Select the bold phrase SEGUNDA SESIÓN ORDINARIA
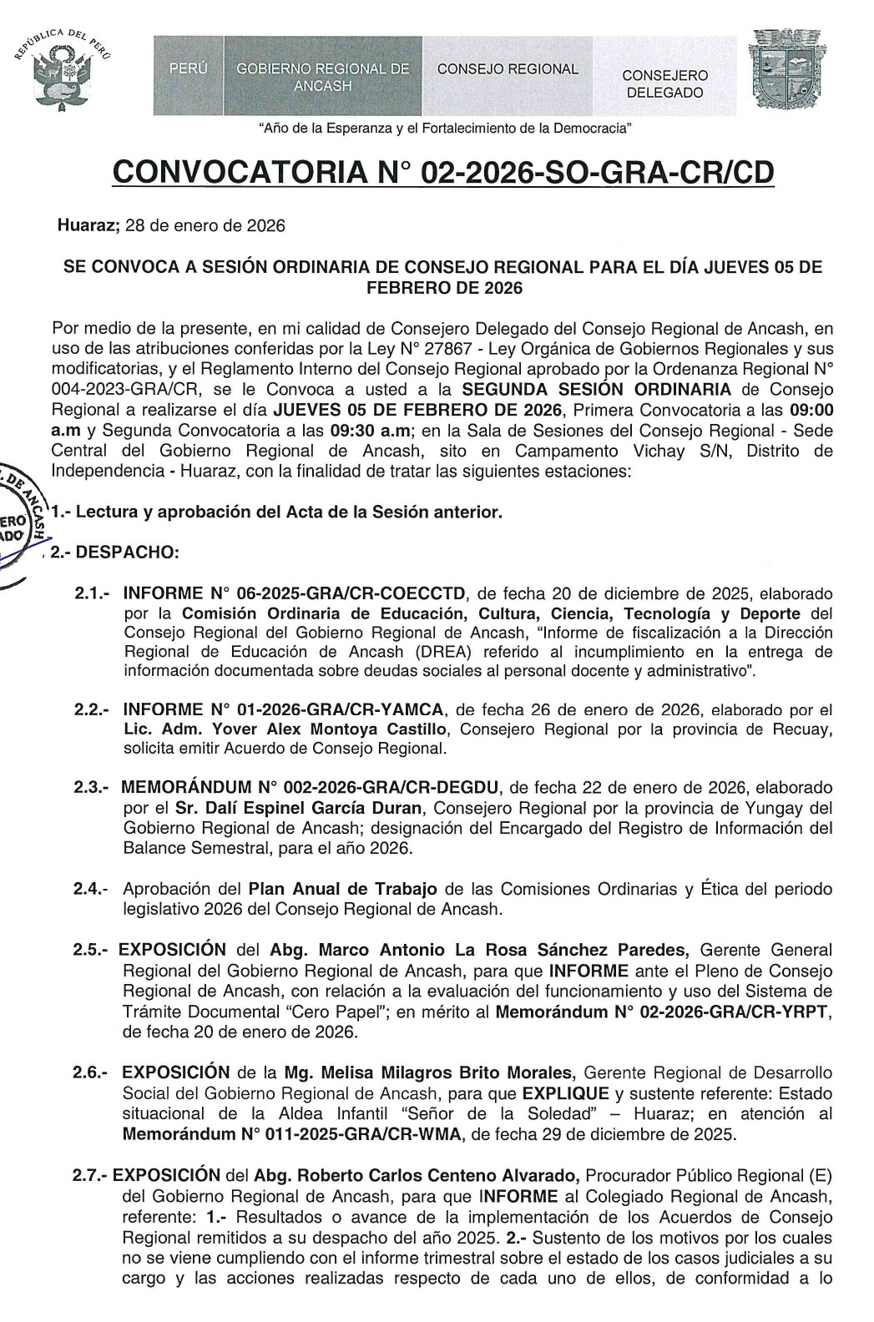(x=597, y=390)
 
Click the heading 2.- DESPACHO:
(x=114, y=553)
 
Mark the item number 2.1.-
(x=93, y=594)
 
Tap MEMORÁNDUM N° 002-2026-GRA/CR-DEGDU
(x=310, y=787)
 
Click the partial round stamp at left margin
(x=21, y=517)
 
